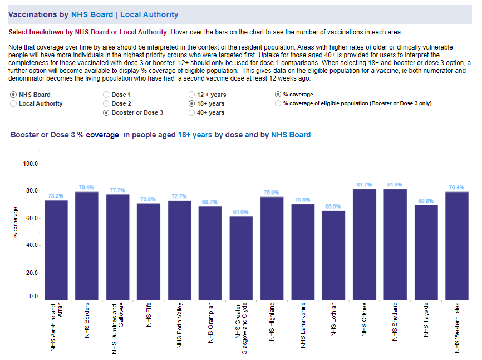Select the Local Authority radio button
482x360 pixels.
coord(14,103)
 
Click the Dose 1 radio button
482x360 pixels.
coord(106,95)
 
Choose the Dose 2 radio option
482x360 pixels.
coord(106,103)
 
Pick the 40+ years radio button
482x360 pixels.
coord(192,112)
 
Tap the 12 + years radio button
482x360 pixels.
coord(192,95)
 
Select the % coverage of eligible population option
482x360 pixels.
coord(278,103)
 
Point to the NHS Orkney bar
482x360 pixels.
coord(365,245)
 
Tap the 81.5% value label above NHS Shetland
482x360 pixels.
coord(395,184)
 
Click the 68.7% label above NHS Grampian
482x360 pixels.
coord(210,202)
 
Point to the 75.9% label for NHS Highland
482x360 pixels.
coord(272,193)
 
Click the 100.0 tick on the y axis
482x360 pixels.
coord(30,164)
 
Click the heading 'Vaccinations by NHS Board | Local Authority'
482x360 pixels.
coord(94,14)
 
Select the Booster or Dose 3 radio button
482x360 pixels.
coord(106,112)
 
